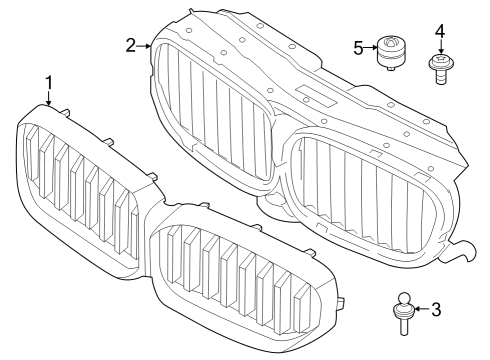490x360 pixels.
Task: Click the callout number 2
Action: [131, 45]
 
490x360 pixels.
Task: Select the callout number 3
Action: [435, 310]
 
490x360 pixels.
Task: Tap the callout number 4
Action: [439, 32]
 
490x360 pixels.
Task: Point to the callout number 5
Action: [358, 47]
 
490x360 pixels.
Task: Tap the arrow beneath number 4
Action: [439, 50]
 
